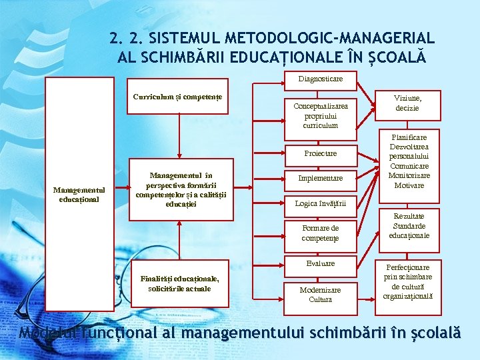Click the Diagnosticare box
(321, 79)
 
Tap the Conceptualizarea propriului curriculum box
(321, 115)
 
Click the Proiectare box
(321, 153)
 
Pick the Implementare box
(321, 178)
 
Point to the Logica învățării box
(321, 203)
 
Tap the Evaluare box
(321, 264)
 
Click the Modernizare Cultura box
(321, 295)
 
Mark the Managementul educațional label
(79, 194)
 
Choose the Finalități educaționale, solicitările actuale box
(179, 284)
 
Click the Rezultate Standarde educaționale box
(409, 226)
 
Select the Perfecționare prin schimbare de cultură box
(409, 281)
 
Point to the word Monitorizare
(409, 175)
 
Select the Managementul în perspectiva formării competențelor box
(181, 189)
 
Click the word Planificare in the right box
(409, 137)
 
